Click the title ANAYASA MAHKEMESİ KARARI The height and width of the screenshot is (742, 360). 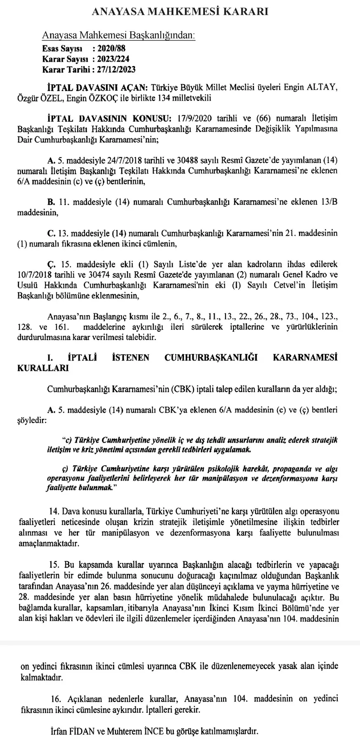point(180,12)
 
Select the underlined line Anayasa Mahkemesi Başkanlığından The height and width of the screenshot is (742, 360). point(119,35)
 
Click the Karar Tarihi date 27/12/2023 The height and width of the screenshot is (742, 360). point(116,70)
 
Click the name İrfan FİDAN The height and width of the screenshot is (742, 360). point(72,732)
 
